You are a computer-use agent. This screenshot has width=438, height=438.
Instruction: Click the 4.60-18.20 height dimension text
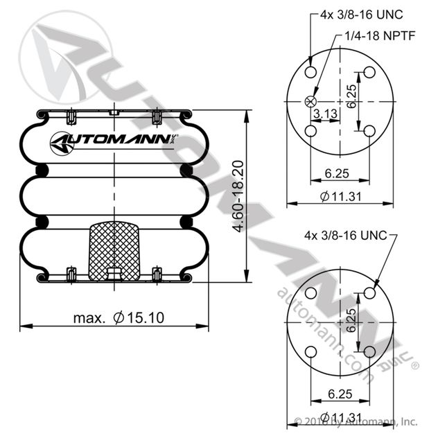(x=238, y=196)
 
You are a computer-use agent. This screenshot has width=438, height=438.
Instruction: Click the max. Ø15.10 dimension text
(x=119, y=318)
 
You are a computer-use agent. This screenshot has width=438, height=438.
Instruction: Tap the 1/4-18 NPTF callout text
(x=380, y=36)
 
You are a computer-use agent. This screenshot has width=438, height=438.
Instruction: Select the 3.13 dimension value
(x=326, y=114)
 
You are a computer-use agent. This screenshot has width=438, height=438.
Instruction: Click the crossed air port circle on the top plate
(x=310, y=101)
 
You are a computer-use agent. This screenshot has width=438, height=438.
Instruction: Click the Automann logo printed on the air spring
(x=114, y=142)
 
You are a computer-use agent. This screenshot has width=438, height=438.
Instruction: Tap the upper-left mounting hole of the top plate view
(x=310, y=72)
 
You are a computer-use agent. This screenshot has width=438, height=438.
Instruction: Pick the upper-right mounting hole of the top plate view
(x=369, y=72)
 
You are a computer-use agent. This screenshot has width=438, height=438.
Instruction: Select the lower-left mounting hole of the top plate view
(x=310, y=131)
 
